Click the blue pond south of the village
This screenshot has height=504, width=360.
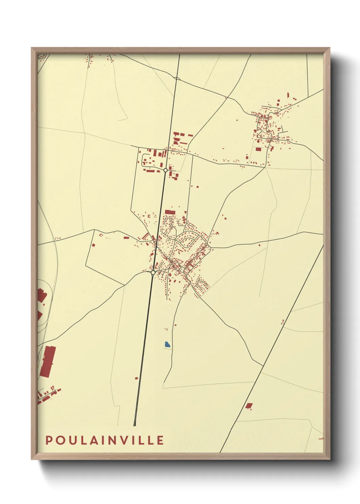tap(167, 344)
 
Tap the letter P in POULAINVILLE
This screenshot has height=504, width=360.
tap(49, 440)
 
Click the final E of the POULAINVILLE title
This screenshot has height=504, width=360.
tap(161, 440)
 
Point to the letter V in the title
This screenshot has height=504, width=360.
tap(125, 440)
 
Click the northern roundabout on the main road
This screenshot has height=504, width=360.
tap(165, 170)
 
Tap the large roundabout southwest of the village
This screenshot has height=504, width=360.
tap(153, 272)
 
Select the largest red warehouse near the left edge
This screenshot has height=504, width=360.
tap(48, 361)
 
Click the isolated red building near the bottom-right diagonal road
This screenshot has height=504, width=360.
tap(249, 406)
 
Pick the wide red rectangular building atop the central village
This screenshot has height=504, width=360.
tap(170, 212)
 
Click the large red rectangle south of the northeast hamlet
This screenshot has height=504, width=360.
tap(258, 149)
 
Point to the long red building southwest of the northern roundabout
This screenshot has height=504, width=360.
tap(150, 170)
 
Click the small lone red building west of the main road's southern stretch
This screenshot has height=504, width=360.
tap(136, 378)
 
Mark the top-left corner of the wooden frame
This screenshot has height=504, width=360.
tap(32, 48)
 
